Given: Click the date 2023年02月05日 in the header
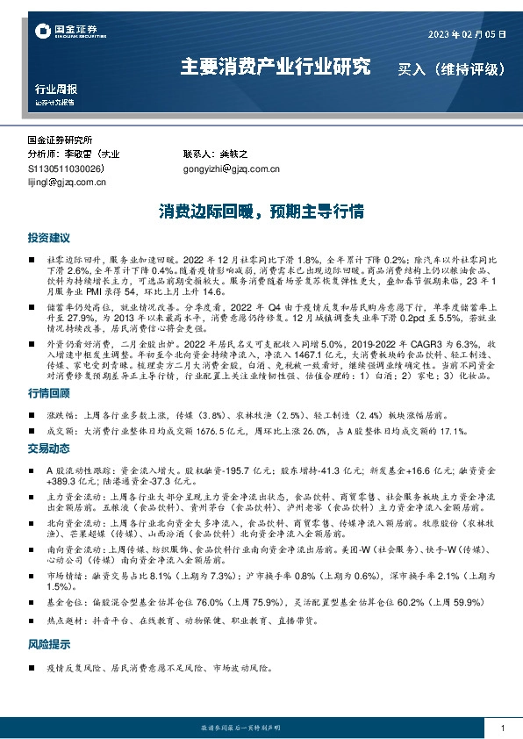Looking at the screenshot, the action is pos(467,34).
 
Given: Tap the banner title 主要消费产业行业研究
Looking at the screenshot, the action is pos(275,66).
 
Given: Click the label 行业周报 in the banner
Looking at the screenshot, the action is pos(56,89).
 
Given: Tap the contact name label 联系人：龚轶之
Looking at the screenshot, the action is pos(216,154).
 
